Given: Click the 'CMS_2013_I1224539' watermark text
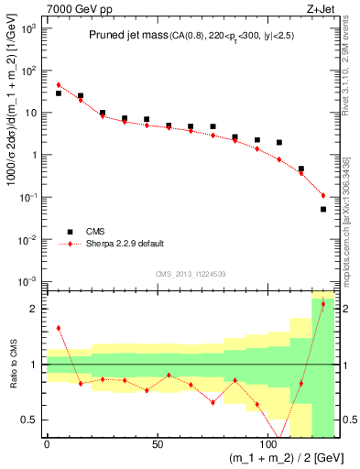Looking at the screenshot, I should tap(190, 273).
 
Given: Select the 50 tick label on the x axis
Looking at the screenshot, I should tap(158, 444).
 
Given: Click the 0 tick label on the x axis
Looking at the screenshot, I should tap(47, 444).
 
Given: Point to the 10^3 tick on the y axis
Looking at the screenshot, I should tap(29, 28).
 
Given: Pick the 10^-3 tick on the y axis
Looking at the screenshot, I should tap(28, 281).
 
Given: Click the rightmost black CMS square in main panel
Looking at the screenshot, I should tap(323, 210).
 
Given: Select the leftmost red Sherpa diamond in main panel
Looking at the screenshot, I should tap(59, 85).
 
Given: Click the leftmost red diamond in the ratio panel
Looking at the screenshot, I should tap(59, 327).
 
